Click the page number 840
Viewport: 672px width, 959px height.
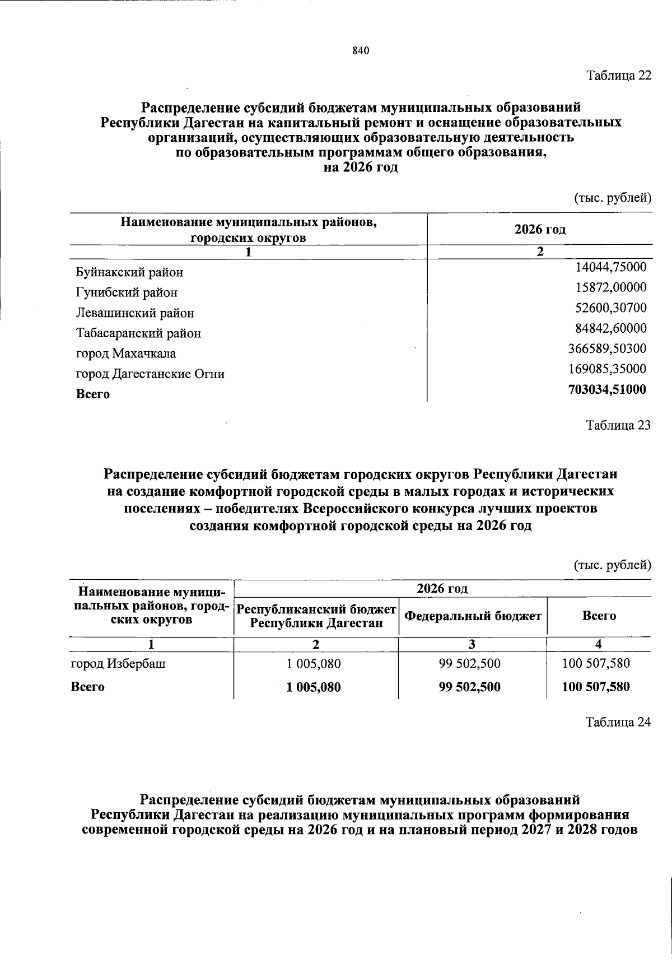click(361, 51)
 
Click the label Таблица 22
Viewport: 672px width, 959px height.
click(618, 76)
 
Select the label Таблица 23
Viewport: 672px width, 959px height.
click(618, 425)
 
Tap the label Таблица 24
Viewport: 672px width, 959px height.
click(618, 722)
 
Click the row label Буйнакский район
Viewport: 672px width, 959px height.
click(129, 273)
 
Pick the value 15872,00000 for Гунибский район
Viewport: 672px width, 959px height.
click(611, 287)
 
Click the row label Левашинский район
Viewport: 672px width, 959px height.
click(135, 313)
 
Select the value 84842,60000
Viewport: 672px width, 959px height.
click(611, 328)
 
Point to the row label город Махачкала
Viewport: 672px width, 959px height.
click(126, 353)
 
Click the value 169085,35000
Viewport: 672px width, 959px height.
click(608, 369)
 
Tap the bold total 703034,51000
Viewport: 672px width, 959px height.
click(607, 389)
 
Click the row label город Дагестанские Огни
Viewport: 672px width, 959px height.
click(150, 374)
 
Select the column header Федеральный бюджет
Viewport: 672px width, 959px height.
click(473, 616)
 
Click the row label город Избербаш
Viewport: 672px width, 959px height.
click(118, 664)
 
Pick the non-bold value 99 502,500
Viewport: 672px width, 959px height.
click(470, 664)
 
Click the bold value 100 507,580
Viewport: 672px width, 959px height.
click(596, 687)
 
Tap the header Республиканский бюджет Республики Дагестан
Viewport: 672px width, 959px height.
click(316, 616)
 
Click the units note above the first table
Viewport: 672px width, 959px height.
click(613, 197)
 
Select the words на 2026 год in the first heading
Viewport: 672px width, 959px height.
click(361, 167)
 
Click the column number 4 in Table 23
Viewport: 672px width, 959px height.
click(599, 644)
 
